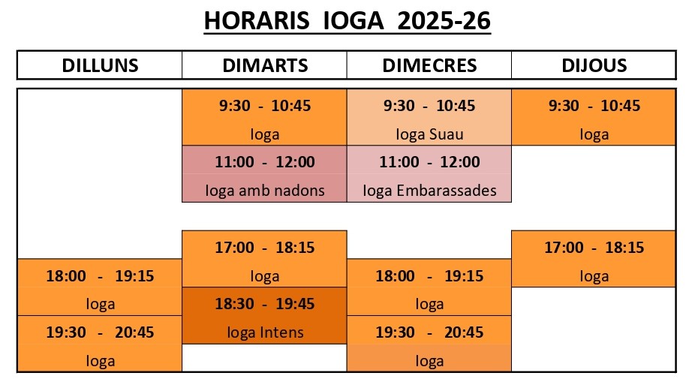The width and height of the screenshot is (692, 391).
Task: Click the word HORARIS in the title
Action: click(257, 21)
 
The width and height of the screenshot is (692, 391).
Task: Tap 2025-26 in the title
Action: click(444, 21)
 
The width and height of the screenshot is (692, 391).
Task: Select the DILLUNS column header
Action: click(100, 65)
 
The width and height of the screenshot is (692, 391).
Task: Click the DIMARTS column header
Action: click(265, 65)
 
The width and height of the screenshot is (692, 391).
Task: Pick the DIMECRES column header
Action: click(429, 65)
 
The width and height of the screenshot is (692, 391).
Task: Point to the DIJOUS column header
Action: click(594, 65)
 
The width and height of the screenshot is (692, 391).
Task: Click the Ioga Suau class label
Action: click(429, 134)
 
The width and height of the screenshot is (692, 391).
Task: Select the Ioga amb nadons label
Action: click(265, 191)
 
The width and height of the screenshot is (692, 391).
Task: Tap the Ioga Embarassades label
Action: click(429, 191)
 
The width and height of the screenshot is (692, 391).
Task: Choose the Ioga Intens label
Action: click(265, 332)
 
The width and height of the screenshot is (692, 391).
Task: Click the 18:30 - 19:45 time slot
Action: click(265, 304)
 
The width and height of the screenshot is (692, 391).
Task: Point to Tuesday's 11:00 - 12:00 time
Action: click(265, 162)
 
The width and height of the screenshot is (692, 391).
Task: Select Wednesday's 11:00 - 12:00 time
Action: click(429, 162)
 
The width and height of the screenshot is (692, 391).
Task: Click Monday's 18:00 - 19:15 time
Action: click(100, 276)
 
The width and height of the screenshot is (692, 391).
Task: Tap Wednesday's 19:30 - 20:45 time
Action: click(429, 332)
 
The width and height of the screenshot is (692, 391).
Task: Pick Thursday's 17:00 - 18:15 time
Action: click(594, 248)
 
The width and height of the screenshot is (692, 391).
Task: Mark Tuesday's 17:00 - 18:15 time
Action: click(265, 248)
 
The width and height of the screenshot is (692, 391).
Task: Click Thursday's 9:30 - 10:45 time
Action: click(594, 106)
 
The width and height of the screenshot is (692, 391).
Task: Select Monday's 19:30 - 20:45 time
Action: click(100, 332)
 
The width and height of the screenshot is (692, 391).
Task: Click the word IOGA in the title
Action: click(354, 21)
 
